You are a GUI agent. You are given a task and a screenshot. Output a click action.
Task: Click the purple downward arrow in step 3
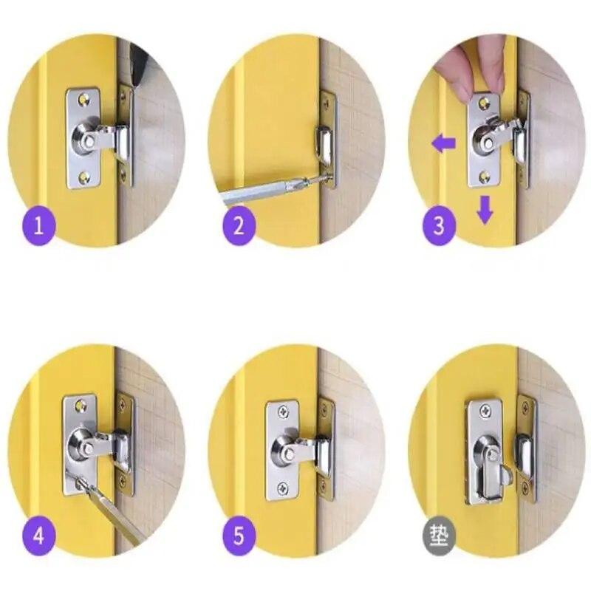tap(485, 209)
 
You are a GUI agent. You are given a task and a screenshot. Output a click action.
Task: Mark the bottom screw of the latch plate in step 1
tap(83, 177)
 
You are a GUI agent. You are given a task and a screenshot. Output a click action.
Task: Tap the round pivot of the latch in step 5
tap(284, 448)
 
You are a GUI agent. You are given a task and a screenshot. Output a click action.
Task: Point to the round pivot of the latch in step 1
tap(84, 138)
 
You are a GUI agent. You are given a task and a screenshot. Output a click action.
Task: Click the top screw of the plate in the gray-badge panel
tap(484, 411)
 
